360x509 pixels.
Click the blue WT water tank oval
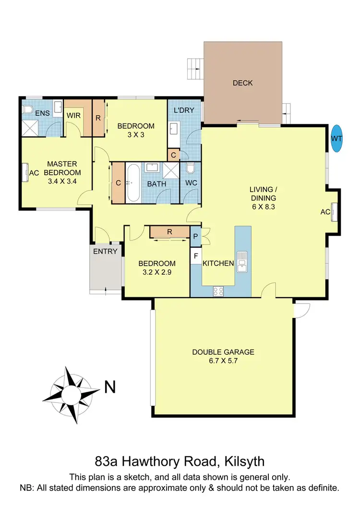337,139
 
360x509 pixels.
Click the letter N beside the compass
110,387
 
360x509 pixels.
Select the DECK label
242,83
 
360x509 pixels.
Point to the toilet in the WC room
190,170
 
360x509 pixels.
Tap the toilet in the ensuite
28,109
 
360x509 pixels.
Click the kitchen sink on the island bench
242,263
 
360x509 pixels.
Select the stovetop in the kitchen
218,291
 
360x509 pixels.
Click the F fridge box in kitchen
195,255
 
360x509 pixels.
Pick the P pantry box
195,236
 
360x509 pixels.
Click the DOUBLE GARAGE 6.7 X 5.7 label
223,356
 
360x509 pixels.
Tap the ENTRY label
105,252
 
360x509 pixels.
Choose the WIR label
73,116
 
